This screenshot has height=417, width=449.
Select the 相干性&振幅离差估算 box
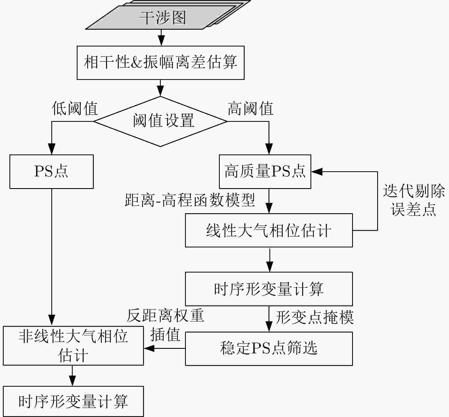click(x=160, y=63)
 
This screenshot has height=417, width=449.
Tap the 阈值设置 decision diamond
click(x=160, y=121)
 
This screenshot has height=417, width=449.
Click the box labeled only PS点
click(x=52, y=172)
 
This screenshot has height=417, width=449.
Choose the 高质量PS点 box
click(x=265, y=172)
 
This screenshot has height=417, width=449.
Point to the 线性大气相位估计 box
click(x=269, y=230)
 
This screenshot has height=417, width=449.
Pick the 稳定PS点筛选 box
click(x=269, y=348)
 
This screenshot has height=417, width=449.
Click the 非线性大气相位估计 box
click(x=73, y=346)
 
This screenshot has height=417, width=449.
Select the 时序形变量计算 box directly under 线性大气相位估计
click(x=269, y=289)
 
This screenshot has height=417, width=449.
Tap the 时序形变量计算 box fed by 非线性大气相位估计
click(x=73, y=401)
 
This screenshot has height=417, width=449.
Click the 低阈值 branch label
click(x=75, y=109)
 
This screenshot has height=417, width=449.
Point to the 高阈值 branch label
click(x=250, y=109)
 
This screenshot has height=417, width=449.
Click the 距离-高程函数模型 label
click(x=190, y=200)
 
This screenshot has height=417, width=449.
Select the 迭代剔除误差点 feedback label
click(x=413, y=200)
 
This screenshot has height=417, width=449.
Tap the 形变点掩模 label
click(x=314, y=317)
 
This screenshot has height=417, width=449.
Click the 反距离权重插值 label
click(x=165, y=325)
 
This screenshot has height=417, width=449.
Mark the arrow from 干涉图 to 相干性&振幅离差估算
click(x=161, y=38)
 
